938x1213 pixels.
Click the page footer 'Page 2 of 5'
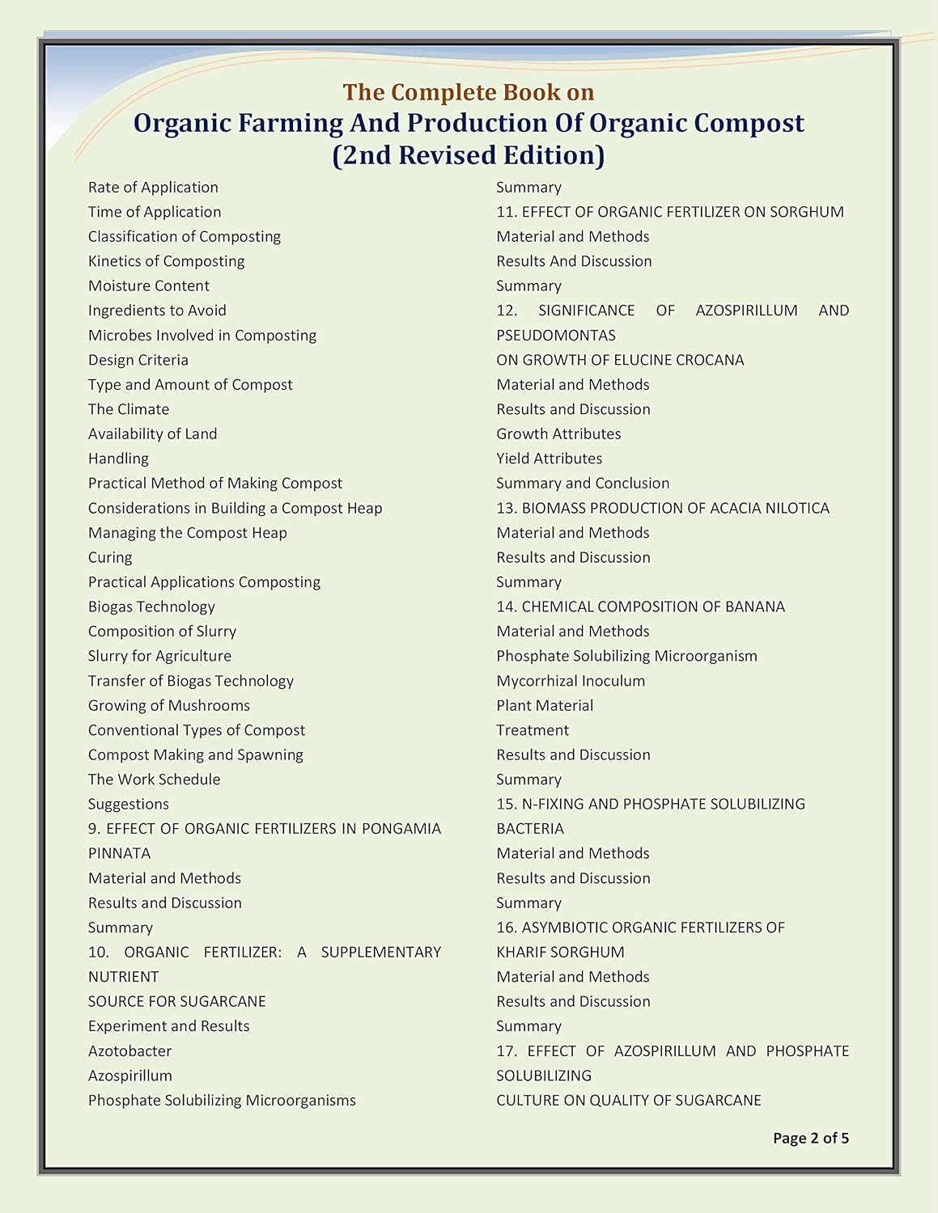(810, 1138)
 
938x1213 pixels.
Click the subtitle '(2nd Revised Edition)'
(469, 154)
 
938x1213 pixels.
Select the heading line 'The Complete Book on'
(469, 92)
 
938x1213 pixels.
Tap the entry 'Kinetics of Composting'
(166, 261)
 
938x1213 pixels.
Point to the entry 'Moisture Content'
(148, 285)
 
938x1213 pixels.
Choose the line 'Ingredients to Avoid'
(157, 311)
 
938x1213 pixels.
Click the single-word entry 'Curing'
(110, 557)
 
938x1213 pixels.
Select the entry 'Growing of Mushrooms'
(168, 705)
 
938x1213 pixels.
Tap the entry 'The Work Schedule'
(154, 780)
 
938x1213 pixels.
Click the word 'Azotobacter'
(129, 1050)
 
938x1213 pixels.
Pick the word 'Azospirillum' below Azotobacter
(129, 1076)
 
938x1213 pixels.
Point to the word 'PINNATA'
(119, 853)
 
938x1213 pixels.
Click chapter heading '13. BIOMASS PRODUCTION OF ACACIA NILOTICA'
(662, 508)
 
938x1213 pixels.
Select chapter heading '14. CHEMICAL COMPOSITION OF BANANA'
(640, 606)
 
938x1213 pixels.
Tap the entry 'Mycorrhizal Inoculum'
(571, 681)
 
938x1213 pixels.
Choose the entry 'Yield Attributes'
(549, 459)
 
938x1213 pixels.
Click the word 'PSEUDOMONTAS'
(555, 335)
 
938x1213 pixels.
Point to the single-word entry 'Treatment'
(532, 730)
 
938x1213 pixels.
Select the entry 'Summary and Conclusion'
(583, 483)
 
